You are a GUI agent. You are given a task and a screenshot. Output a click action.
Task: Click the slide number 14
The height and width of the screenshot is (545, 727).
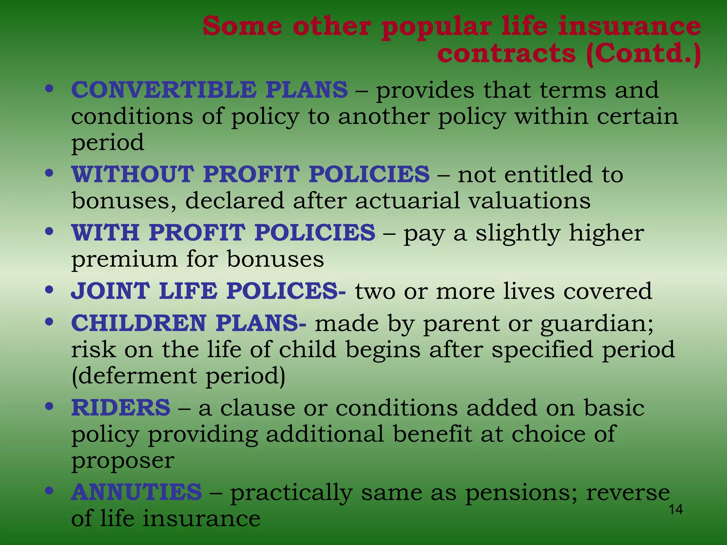click(676, 510)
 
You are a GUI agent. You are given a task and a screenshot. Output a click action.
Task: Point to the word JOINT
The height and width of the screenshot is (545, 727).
click(110, 291)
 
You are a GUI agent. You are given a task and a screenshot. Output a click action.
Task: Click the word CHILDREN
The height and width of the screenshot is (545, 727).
click(139, 323)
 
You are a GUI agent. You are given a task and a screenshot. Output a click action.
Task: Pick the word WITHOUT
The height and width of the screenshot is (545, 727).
click(133, 174)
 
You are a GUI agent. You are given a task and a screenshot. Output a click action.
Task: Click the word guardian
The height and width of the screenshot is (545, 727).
click(597, 324)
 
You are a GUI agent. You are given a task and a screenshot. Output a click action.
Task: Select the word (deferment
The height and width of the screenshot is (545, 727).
click(134, 376)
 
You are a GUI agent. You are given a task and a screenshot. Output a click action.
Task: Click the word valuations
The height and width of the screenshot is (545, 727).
click(529, 200)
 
